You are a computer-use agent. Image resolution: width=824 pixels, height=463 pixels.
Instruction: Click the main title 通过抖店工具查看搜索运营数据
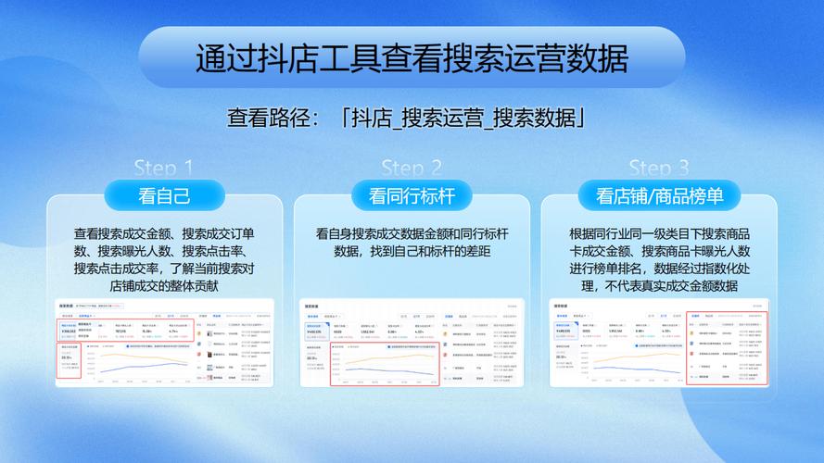click(x=412, y=58)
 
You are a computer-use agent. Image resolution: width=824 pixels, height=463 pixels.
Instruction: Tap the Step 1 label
click(x=164, y=169)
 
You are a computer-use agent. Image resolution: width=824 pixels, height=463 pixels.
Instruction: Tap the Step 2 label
click(x=412, y=169)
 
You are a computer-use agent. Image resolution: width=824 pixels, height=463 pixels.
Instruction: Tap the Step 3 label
click(x=659, y=169)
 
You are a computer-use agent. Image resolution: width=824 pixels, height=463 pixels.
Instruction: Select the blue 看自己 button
click(x=164, y=196)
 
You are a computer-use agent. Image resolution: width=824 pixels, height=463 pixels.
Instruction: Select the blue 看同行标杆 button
click(x=412, y=196)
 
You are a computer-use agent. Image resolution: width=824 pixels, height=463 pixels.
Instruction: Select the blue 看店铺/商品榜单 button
click(x=659, y=196)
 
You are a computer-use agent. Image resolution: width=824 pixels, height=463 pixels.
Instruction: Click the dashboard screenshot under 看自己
click(x=165, y=343)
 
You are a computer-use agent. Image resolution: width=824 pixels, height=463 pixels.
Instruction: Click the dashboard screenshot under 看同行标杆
click(x=412, y=343)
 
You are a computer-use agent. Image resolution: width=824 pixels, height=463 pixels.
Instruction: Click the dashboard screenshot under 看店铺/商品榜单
click(x=659, y=343)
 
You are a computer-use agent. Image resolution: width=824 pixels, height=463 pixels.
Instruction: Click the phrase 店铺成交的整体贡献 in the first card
click(x=164, y=286)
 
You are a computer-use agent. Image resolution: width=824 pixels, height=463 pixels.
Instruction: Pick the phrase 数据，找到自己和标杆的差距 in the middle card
click(x=412, y=251)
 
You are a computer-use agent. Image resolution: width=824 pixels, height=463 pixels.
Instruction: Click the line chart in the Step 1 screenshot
click(x=139, y=363)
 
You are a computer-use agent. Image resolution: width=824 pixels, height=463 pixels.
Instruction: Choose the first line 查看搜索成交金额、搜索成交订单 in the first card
click(x=164, y=233)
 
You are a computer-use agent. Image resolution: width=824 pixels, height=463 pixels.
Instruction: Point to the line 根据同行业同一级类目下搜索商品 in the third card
click(x=659, y=233)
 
